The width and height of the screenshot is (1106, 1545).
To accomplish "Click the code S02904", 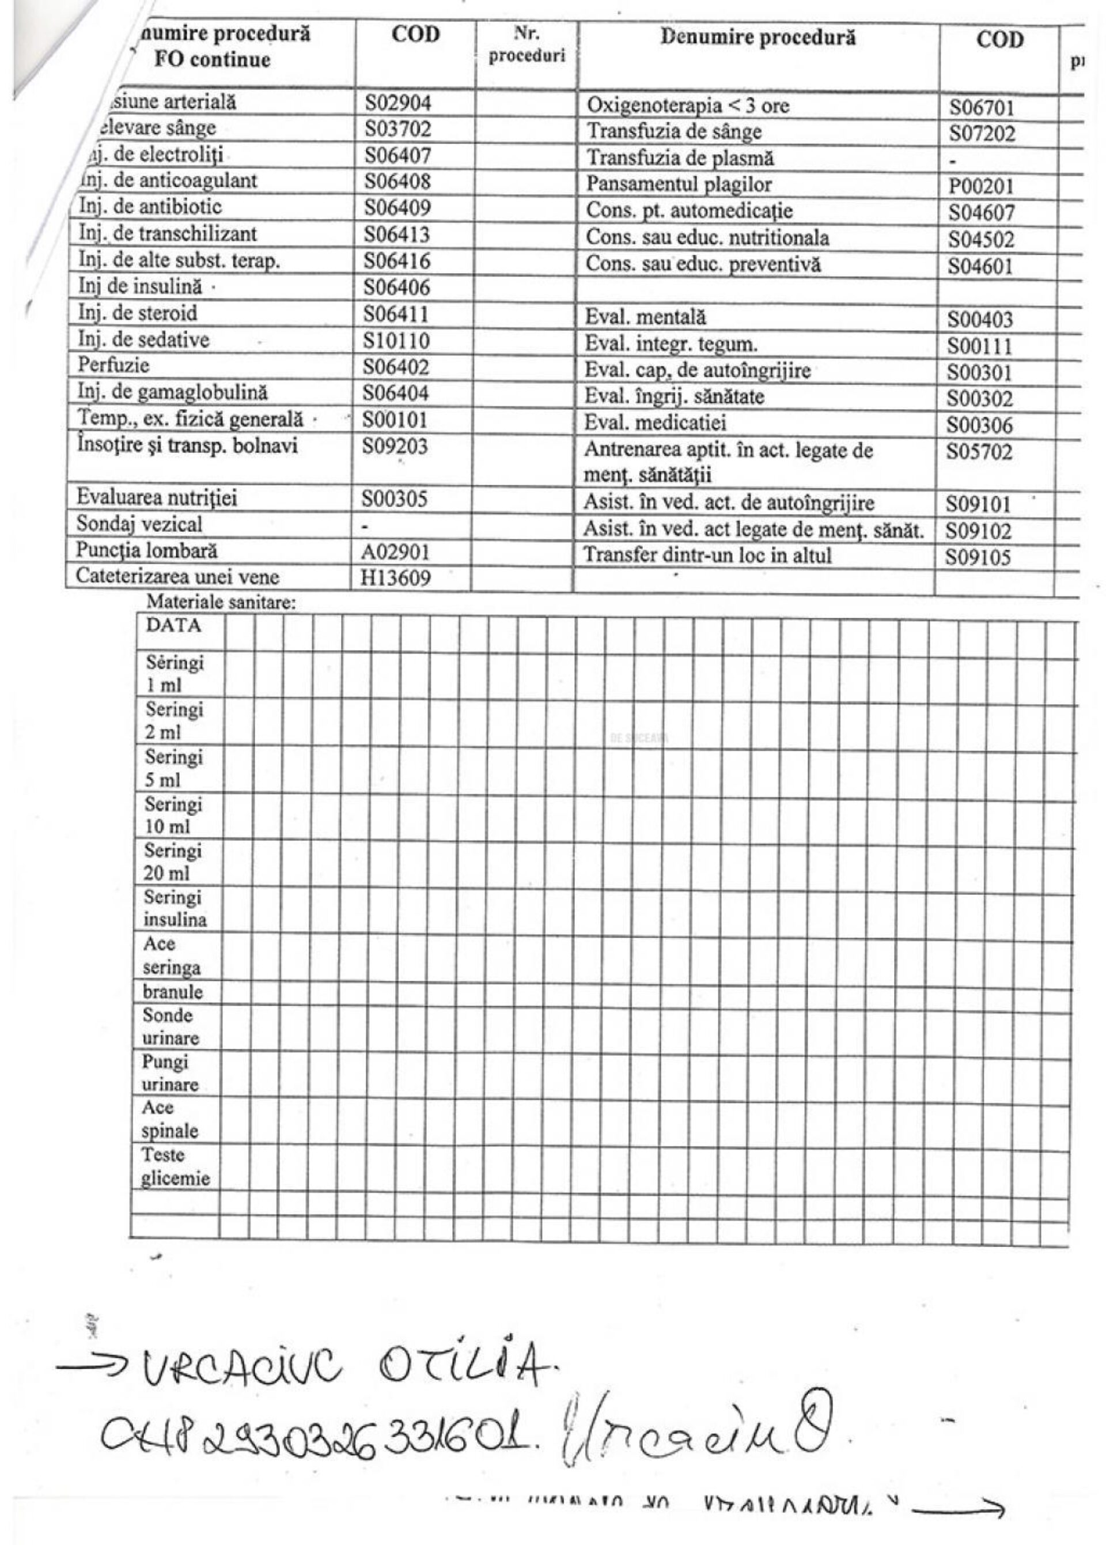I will (x=397, y=103).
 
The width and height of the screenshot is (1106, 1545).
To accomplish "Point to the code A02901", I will (x=396, y=550).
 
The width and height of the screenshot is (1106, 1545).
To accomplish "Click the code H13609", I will (x=396, y=577).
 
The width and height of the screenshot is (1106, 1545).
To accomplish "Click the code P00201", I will (x=982, y=186).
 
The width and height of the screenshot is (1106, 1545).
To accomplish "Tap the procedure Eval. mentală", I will (x=646, y=317).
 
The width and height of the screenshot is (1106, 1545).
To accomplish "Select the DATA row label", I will (x=173, y=625).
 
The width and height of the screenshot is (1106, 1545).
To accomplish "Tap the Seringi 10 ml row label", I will (x=173, y=815).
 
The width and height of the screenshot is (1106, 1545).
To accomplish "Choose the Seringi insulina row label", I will (x=175, y=908).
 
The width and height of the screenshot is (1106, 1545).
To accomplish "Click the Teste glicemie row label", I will (x=175, y=1166).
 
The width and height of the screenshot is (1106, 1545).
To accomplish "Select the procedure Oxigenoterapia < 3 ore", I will (x=688, y=105).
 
